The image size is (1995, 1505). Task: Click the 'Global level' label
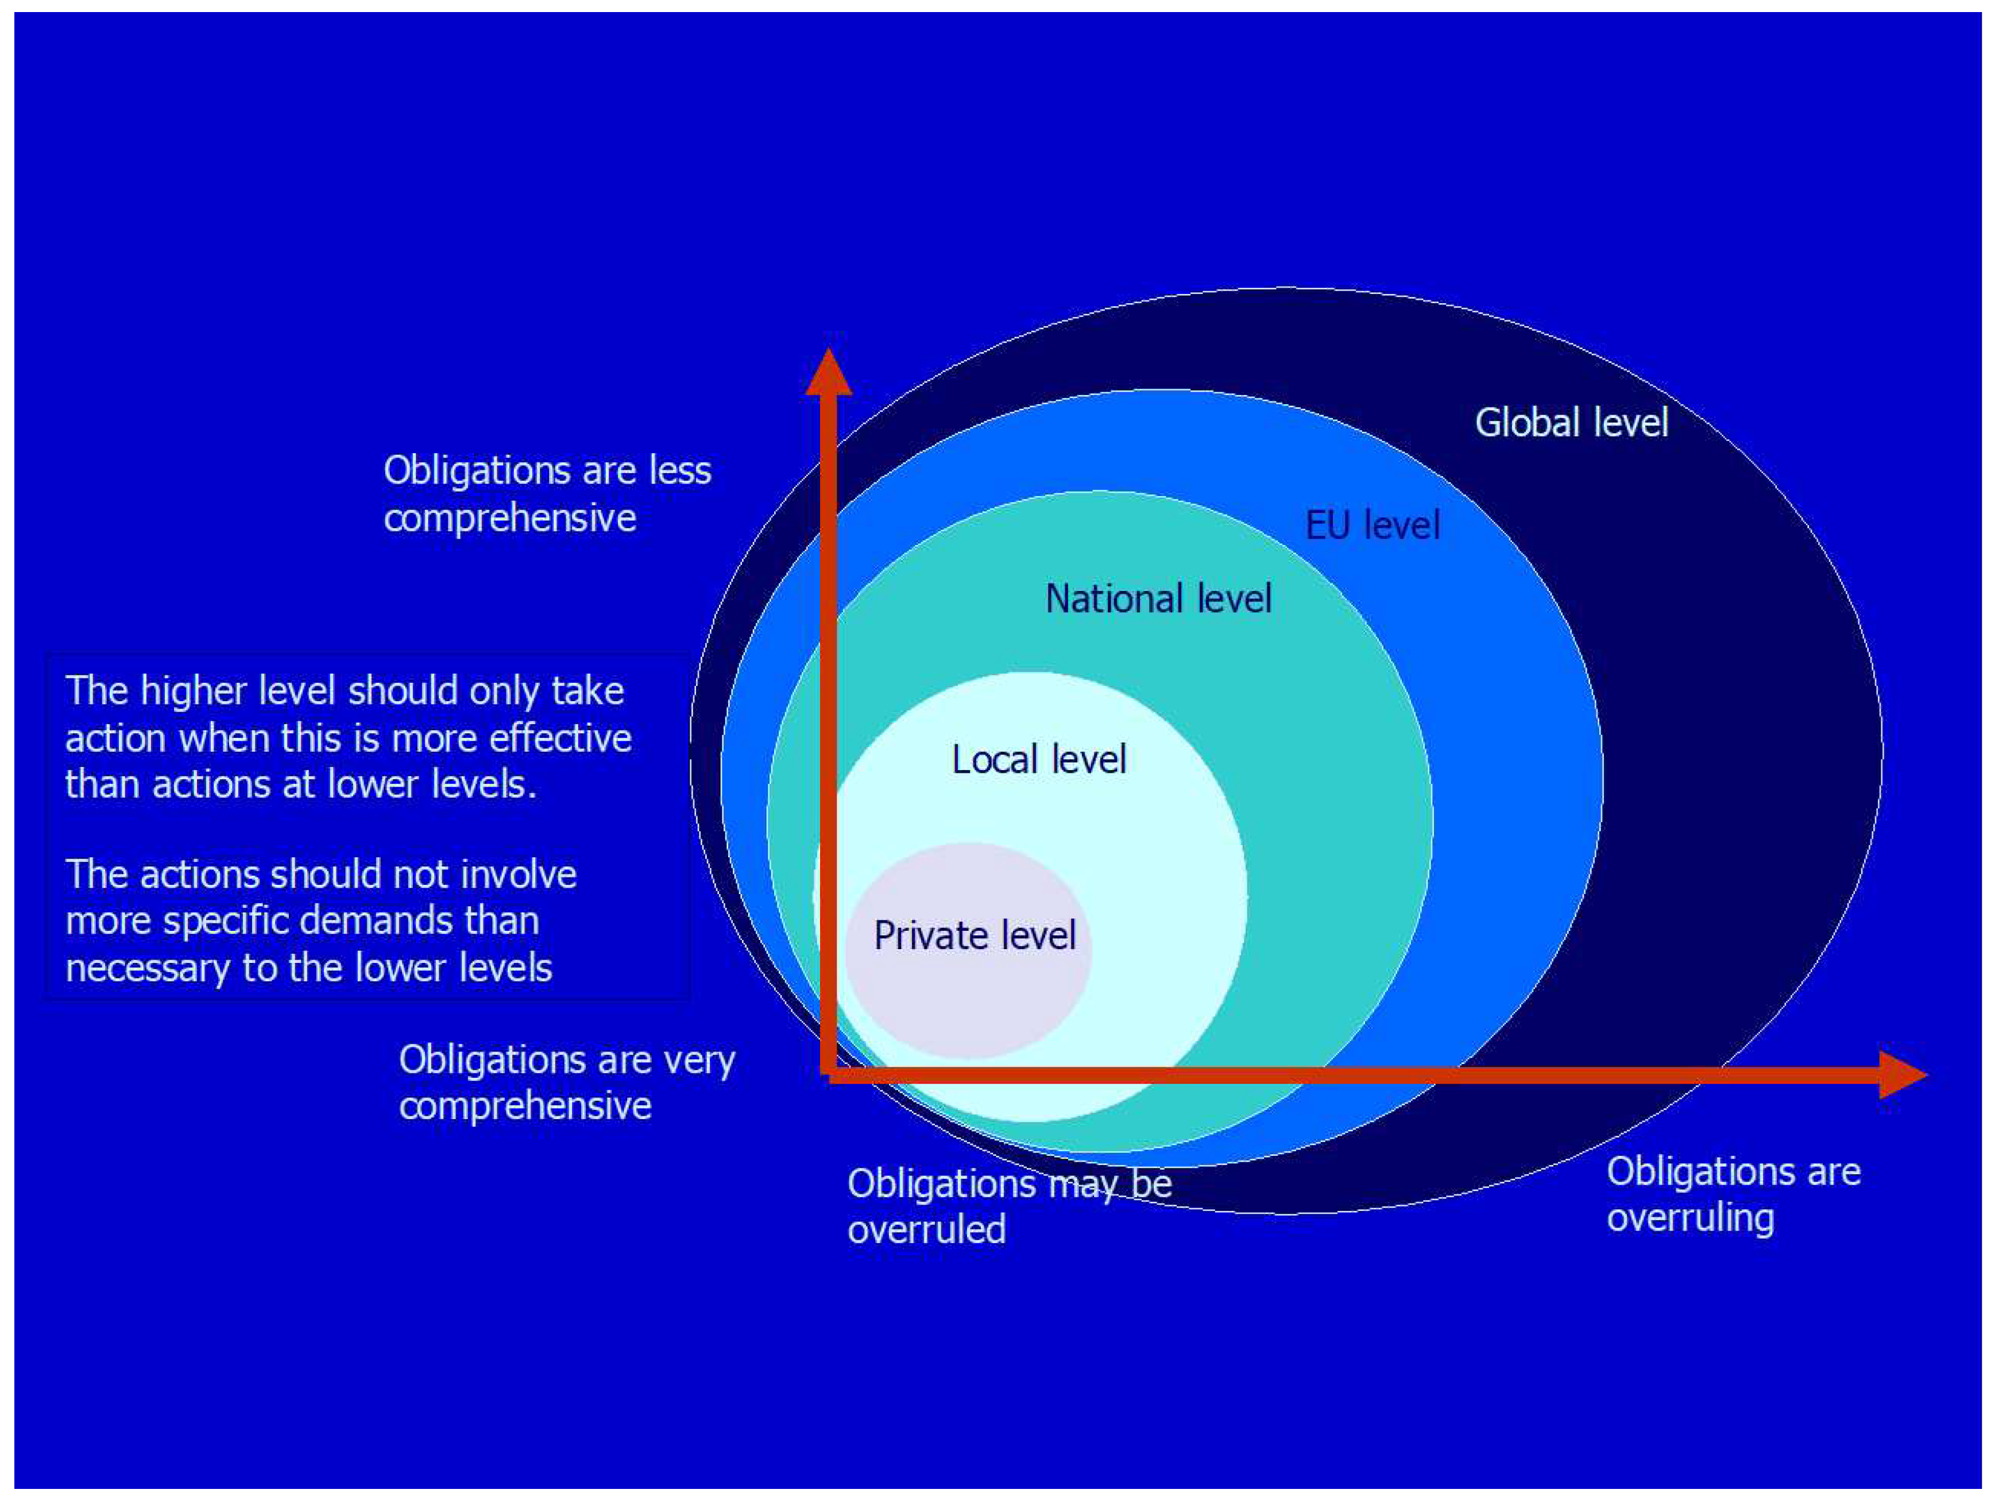point(1571,423)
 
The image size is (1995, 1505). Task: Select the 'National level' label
point(1158,599)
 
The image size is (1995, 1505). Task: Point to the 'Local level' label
point(1038,759)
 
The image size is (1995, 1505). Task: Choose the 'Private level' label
point(974,935)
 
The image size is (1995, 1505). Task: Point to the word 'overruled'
point(926,1229)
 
